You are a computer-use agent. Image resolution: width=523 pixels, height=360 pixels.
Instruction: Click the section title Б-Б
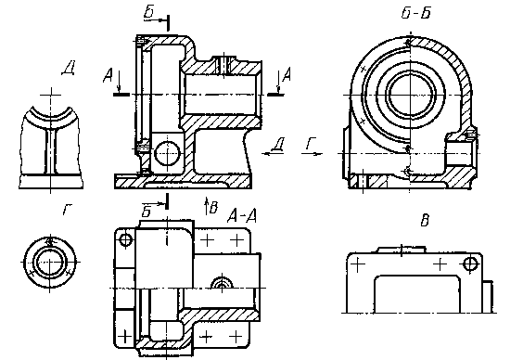coord(415,13)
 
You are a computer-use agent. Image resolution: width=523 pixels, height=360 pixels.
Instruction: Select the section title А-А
coord(242,216)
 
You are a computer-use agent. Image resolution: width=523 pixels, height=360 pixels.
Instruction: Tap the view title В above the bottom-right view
coord(425,221)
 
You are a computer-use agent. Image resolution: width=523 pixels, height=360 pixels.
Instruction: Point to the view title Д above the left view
coord(69,69)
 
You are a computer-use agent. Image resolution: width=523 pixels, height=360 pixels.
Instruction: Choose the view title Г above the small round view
coord(68,210)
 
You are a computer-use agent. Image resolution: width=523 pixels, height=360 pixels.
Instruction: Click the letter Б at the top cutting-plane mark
coord(148,12)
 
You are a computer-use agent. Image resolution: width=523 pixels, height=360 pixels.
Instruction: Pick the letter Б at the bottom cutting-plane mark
coord(147,212)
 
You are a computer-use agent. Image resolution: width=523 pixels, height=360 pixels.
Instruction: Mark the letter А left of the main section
coord(108,76)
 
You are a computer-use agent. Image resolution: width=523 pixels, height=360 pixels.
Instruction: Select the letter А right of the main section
coord(287,74)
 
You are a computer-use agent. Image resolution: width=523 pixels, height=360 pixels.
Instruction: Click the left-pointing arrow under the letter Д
coord(273,153)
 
